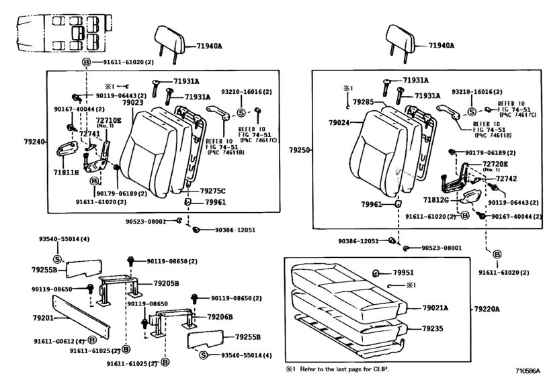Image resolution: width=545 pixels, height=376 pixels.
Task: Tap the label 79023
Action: click(132, 103)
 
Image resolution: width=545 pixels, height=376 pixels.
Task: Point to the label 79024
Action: click(340, 124)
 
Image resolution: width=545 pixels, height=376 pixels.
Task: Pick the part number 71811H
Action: click(67, 173)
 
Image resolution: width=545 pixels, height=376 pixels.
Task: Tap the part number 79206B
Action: click(219, 316)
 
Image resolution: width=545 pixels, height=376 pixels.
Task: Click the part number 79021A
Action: click(435, 308)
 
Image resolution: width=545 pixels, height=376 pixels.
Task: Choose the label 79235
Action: click(433, 329)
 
